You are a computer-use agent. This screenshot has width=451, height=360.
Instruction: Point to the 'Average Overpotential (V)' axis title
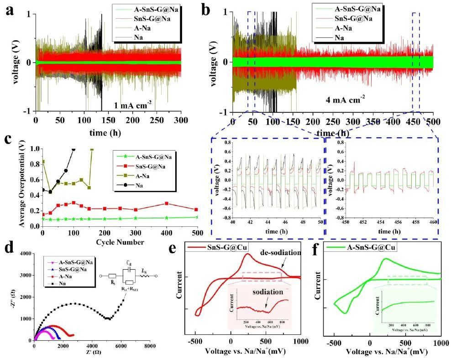tap(22, 187)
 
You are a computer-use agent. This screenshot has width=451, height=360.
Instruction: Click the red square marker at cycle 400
tap(167, 203)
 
